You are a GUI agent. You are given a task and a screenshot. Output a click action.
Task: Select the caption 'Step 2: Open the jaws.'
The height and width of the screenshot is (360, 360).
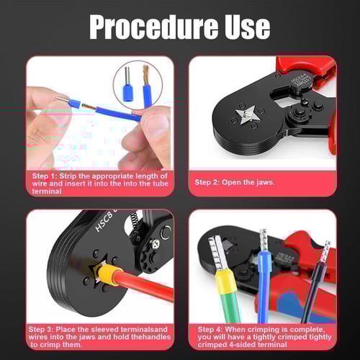coord(235,182)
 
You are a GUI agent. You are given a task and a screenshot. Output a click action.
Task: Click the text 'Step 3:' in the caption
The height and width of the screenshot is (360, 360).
coord(41,329)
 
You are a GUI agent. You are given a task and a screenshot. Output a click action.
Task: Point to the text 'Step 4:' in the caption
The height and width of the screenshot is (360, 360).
coord(210,329)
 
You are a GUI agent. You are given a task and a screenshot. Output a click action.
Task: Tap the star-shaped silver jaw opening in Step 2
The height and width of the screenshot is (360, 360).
coord(246,114)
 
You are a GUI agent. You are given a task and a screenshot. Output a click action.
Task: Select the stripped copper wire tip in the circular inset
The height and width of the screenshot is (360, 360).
coord(145,73)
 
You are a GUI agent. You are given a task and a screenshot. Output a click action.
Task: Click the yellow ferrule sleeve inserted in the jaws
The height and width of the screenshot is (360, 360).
coord(107,275)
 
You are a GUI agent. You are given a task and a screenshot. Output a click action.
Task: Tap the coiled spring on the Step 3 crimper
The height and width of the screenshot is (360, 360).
coord(135,224)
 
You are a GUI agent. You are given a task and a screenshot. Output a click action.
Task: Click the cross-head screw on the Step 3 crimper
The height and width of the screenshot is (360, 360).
coord(155,243)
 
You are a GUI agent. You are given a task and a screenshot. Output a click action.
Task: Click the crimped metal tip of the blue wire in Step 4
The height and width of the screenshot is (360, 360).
coord(264,240)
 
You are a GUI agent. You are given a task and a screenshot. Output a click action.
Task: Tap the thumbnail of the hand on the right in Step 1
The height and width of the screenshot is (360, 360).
coord(158,124)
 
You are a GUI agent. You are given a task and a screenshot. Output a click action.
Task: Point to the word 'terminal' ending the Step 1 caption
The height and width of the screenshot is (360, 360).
coord(47,192)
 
